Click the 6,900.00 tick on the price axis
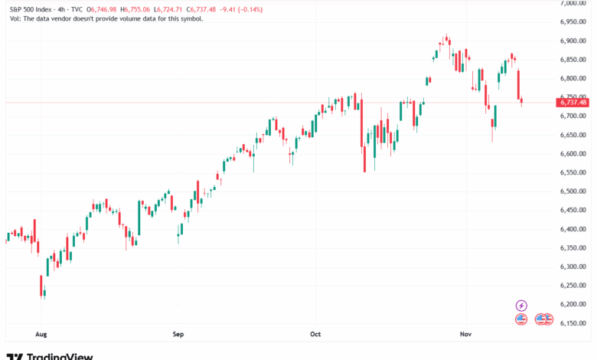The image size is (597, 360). pyautogui.click(x=573, y=41)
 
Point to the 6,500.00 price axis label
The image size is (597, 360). pyautogui.click(x=573, y=191)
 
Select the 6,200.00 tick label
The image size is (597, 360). pyautogui.click(x=573, y=304)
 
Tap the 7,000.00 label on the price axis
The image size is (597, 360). pyautogui.click(x=573, y=3)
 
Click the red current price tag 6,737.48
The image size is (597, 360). pyautogui.click(x=573, y=102)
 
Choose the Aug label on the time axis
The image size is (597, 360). pyautogui.click(x=41, y=334)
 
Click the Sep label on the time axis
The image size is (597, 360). pyautogui.click(x=178, y=334)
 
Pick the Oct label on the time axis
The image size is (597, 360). pyautogui.click(x=316, y=334)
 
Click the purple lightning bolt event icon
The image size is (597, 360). pyautogui.click(x=522, y=306)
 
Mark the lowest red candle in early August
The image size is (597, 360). pyautogui.click(x=41, y=286)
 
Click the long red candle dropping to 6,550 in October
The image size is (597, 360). pyautogui.click(x=364, y=149)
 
